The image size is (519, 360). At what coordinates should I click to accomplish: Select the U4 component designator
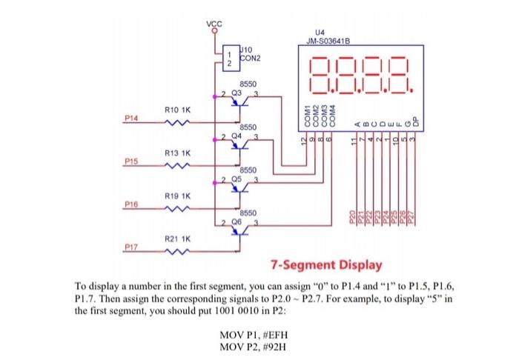[320, 33]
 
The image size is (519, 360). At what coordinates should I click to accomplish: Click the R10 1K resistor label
[178, 110]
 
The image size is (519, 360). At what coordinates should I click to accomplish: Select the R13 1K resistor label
[178, 153]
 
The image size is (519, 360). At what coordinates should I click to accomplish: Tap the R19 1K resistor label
[178, 196]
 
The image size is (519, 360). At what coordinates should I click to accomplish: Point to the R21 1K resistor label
[178, 239]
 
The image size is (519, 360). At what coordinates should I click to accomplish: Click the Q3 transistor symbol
[239, 103]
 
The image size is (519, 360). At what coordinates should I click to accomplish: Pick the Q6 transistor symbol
[239, 230]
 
